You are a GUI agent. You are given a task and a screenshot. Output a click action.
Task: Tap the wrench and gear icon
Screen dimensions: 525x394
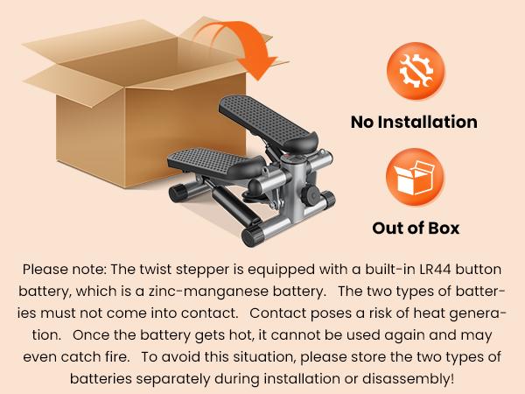tap(416, 71)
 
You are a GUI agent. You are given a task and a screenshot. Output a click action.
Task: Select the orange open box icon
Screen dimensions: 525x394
tap(415, 177)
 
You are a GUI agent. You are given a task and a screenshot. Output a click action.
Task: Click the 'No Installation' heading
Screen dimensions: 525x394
tap(414, 122)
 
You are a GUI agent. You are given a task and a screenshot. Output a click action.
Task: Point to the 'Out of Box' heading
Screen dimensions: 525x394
tap(416, 229)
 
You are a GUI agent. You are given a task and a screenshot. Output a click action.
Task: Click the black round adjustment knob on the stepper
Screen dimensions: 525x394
tap(310, 195)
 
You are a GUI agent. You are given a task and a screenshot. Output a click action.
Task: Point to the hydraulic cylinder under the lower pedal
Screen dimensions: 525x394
tap(231, 203)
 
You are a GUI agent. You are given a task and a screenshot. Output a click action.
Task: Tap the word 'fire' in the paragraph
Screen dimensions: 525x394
tap(115, 357)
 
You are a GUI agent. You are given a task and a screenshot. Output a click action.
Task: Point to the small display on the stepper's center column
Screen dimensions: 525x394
tap(292, 158)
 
